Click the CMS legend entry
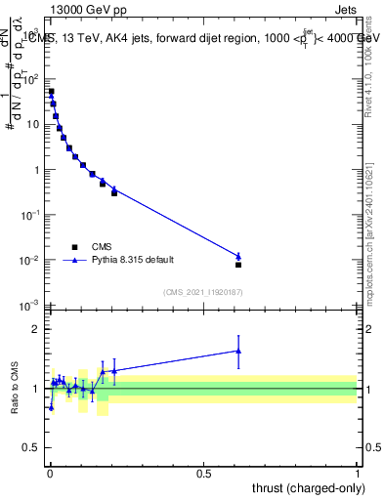coord(102,247)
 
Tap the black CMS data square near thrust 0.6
coord(238,265)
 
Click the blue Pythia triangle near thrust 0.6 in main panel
coord(238,256)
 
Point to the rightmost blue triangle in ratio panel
coord(238,351)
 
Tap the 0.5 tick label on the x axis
coord(203,473)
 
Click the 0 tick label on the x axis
coord(50,473)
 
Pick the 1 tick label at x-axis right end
coord(358,473)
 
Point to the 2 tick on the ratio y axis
coord(36,329)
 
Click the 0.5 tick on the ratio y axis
coord(31,448)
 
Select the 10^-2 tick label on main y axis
coord(30,261)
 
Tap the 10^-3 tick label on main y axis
coord(30,306)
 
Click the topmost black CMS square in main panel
coord(51,92)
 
